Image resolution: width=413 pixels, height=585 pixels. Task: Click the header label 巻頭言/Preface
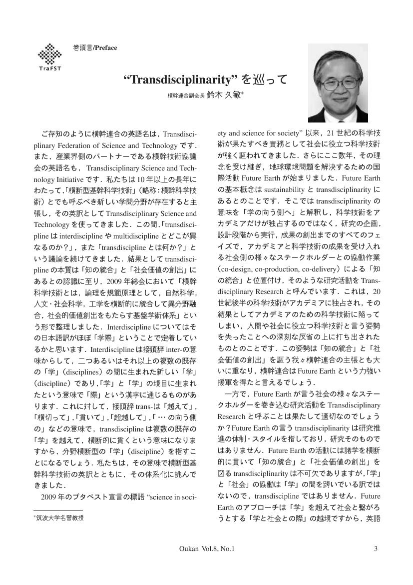95,48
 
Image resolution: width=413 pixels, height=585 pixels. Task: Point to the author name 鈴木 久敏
224,94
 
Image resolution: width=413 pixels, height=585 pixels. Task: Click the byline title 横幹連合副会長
186,95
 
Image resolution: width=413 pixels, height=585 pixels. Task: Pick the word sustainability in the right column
278,189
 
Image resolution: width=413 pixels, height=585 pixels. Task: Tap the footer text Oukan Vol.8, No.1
206,549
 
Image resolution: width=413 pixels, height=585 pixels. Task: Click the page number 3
375,549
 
